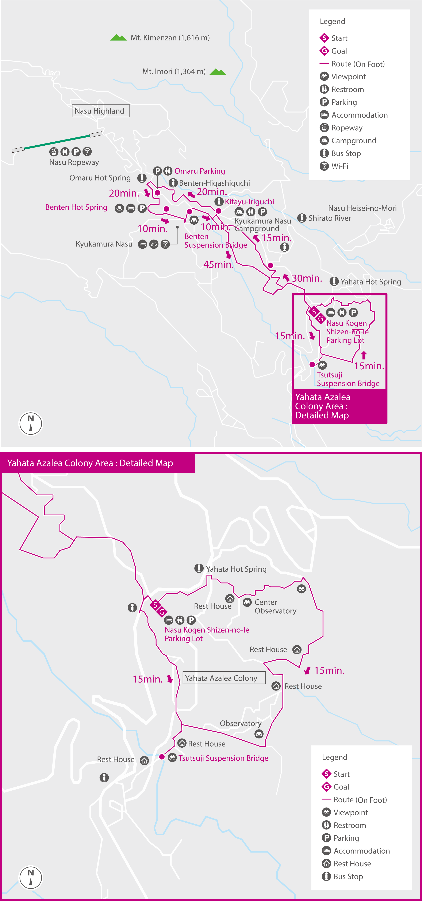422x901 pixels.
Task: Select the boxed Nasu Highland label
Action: pyautogui.click(x=100, y=111)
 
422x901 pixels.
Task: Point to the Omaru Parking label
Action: pyautogui.click(x=200, y=171)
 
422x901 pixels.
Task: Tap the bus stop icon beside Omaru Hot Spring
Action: pyautogui.click(x=142, y=178)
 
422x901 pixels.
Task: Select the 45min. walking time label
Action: pyautogui.click(x=218, y=264)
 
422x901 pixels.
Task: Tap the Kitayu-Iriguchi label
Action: pyautogui.click(x=249, y=202)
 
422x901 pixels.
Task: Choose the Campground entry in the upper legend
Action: pyautogui.click(x=354, y=141)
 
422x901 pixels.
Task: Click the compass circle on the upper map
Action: pyautogui.click(x=31, y=423)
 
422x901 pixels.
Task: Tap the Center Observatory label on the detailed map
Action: pyautogui.click(x=275, y=606)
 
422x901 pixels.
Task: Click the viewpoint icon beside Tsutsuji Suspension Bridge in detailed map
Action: pyautogui.click(x=172, y=758)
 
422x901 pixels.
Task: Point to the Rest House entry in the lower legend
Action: pyautogui.click(x=352, y=863)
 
